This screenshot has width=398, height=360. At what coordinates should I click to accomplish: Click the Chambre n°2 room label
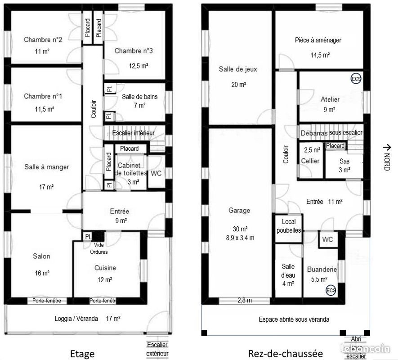pos(43,40)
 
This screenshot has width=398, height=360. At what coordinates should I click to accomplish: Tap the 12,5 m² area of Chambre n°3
pos(139,66)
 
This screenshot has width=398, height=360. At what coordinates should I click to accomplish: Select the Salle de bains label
pos(140,96)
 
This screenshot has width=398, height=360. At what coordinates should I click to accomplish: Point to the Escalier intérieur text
pos(134,133)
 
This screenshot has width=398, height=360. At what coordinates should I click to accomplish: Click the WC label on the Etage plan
pos(156,173)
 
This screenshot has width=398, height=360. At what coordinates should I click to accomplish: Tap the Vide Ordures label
pos(98,248)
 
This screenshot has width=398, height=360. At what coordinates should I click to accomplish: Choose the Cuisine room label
pos(105,268)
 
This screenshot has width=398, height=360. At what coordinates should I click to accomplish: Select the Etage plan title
pos(83,353)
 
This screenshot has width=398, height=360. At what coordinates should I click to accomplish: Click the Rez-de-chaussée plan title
pos(279,353)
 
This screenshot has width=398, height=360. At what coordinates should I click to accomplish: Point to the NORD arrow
pos(386,157)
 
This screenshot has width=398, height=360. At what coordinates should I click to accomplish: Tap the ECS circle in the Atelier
pos(356,79)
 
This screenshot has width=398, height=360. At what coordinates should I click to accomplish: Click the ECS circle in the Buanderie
pos(331,290)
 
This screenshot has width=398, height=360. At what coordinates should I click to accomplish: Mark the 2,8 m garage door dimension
pos(244,300)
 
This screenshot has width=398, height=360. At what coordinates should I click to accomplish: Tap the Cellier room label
pos(310,161)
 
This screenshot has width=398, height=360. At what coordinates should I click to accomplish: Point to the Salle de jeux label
pos(238,69)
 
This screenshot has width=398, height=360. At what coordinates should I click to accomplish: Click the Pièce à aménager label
pos(318,40)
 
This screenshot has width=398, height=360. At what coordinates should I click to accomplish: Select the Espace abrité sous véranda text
pos(294,319)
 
